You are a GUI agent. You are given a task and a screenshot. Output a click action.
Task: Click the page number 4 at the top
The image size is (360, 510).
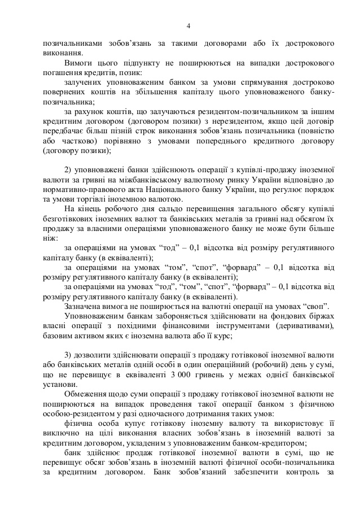point(189,25)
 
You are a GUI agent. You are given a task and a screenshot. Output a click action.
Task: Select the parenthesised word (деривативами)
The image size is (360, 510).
point(305,326)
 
